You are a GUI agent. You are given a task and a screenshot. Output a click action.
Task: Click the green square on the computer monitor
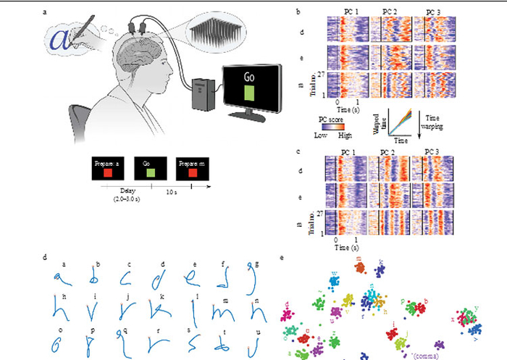(250, 94)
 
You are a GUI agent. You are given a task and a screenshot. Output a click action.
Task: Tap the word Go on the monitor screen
(250, 76)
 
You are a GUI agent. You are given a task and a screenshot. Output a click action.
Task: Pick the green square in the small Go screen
(149, 174)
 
